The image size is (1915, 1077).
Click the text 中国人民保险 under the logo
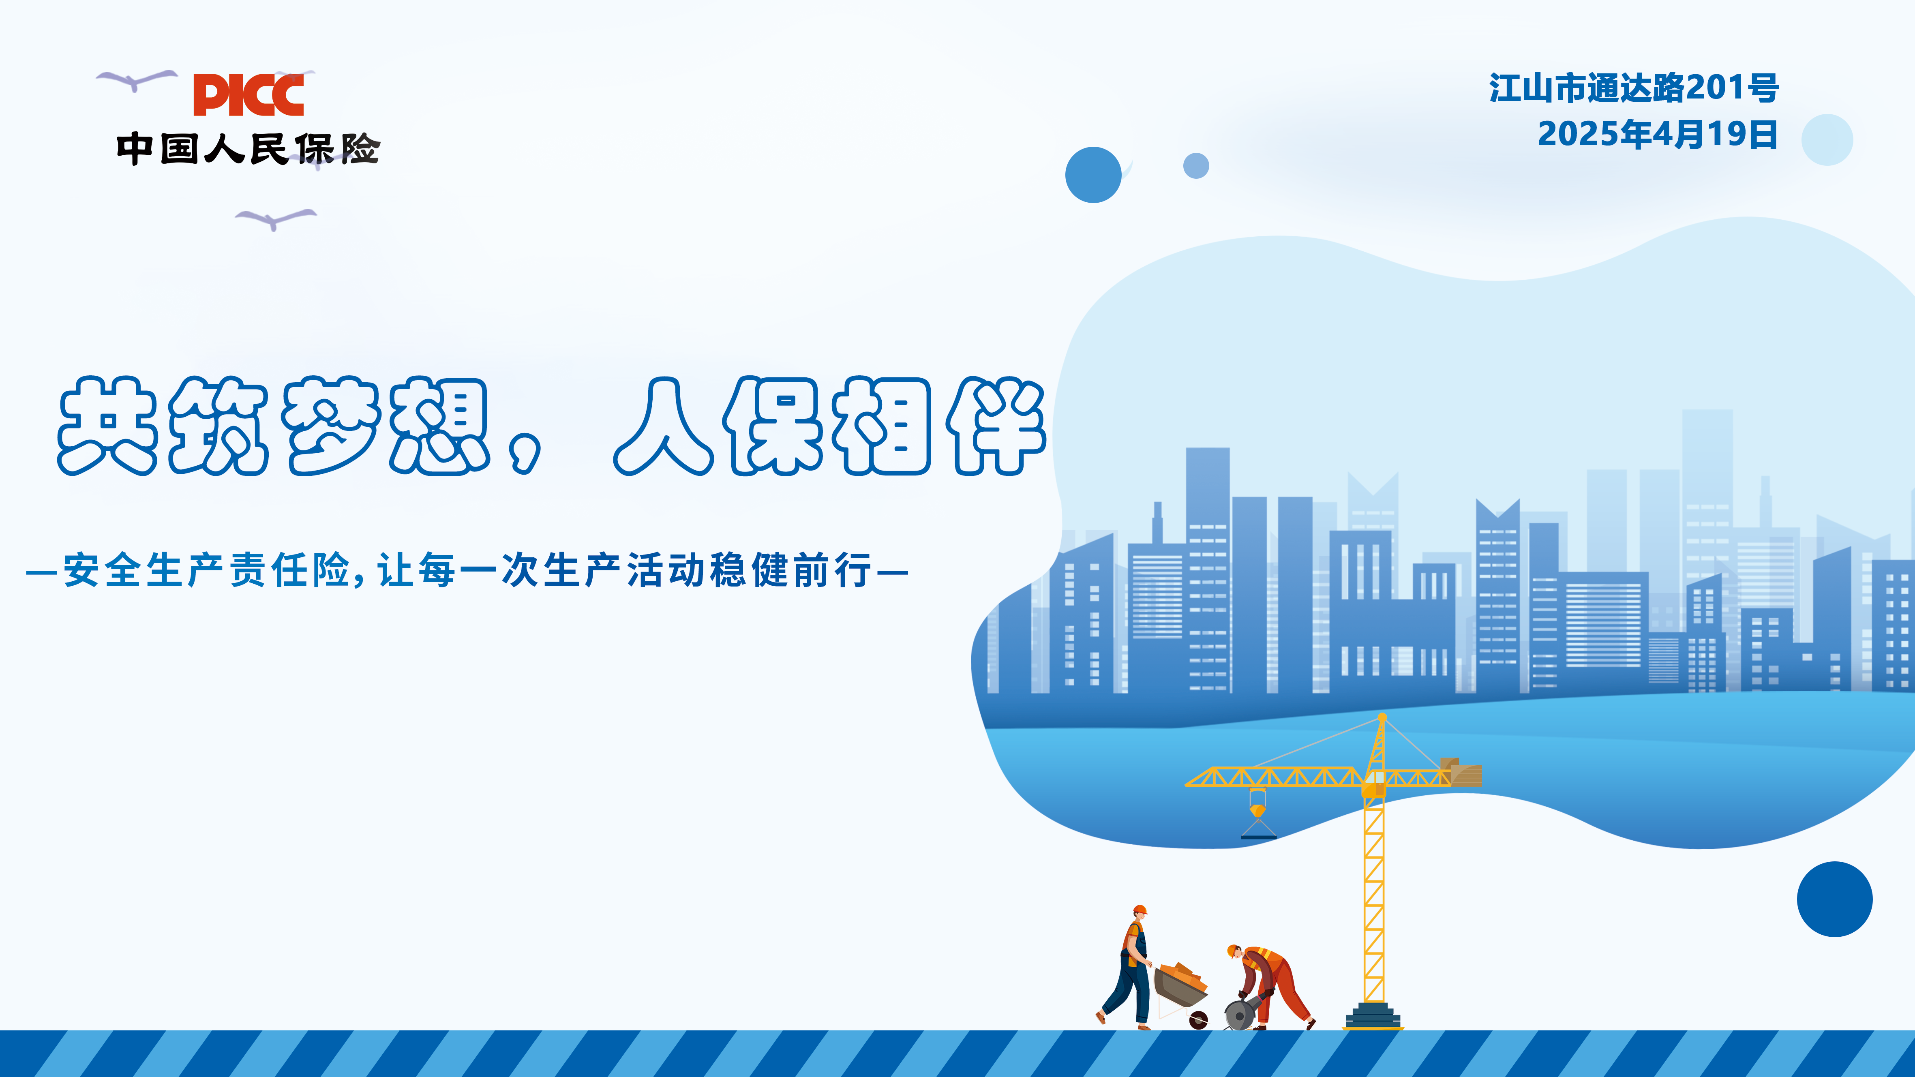pos(248,148)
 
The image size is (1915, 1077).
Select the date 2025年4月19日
pos(1657,135)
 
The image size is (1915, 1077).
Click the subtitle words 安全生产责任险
pos(207,570)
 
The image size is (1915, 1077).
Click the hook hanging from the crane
pos(1258,814)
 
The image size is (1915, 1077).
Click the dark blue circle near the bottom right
pos(1835,899)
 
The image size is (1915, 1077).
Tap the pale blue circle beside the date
pos(1827,140)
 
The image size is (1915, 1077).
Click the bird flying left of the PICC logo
pos(137,79)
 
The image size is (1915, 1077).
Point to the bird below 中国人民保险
pos(276,218)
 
